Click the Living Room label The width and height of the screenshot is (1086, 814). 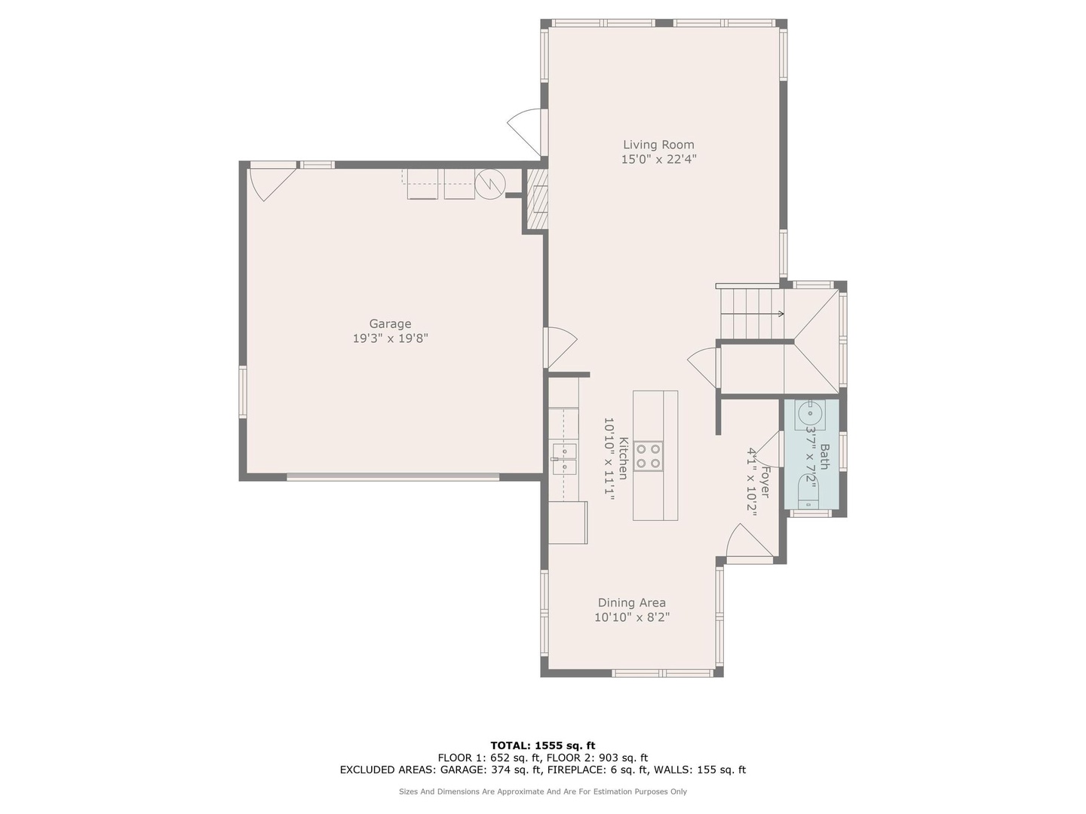click(658, 145)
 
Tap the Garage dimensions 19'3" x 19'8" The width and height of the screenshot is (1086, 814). click(390, 338)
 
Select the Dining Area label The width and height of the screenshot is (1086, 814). click(631, 603)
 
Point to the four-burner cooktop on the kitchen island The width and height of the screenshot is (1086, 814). click(648, 456)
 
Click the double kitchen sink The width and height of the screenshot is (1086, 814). click(564, 459)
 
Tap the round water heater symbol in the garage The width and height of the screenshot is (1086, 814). click(489, 184)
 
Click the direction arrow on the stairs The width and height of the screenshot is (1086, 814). click(752, 314)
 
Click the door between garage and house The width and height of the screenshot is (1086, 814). click(560, 347)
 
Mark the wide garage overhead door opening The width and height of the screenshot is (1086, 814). click(393, 476)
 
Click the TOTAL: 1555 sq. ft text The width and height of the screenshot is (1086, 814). click(543, 745)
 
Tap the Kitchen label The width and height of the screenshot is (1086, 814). click(623, 458)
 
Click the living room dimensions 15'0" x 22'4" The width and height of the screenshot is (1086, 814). click(659, 159)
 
